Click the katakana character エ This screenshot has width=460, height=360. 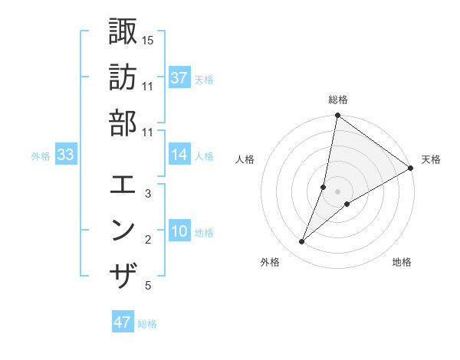(123, 185)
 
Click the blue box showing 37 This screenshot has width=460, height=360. (179, 78)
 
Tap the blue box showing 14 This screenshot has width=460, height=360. (179, 155)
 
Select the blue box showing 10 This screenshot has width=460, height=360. (179, 231)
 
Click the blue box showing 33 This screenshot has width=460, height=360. (66, 155)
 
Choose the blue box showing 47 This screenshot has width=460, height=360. (123, 322)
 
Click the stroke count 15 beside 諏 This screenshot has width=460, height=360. (148, 39)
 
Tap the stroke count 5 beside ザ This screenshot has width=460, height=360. (148, 286)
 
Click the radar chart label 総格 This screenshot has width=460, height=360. (337, 100)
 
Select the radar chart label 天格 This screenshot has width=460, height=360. (431, 159)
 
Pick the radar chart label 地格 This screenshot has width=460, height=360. (402, 262)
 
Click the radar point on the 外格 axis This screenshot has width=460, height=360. (302, 242)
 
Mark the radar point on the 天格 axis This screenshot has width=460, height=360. (411, 169)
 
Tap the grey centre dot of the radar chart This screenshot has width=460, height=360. (337, 191)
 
